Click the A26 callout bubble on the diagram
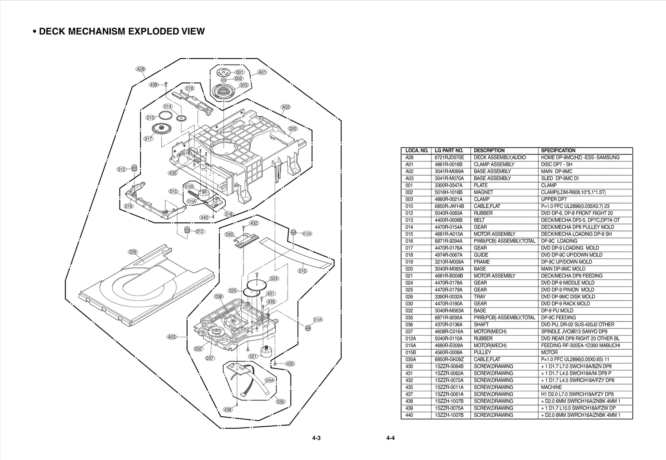141,69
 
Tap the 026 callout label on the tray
133,252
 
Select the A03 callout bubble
172,337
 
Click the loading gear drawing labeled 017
160,129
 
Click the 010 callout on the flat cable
303,271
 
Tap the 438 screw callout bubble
228,410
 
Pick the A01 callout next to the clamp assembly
262,72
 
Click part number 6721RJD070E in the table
449,157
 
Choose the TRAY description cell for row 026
480,297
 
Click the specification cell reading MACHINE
552,387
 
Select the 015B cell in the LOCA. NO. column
411,352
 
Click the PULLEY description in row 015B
482,352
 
